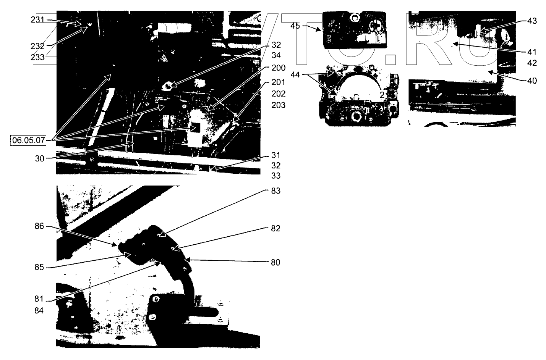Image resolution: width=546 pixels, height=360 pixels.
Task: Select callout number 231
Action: point(37,20)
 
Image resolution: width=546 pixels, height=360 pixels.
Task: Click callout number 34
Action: point(276,55)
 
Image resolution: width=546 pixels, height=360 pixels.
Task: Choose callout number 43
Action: point(532,21)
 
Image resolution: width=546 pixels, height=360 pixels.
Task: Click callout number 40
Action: point(532,81)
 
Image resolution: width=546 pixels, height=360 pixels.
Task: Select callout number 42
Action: point(532,63)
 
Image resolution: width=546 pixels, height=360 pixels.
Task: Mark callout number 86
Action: point(40,226)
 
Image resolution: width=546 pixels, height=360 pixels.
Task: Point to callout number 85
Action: point(40,267)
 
